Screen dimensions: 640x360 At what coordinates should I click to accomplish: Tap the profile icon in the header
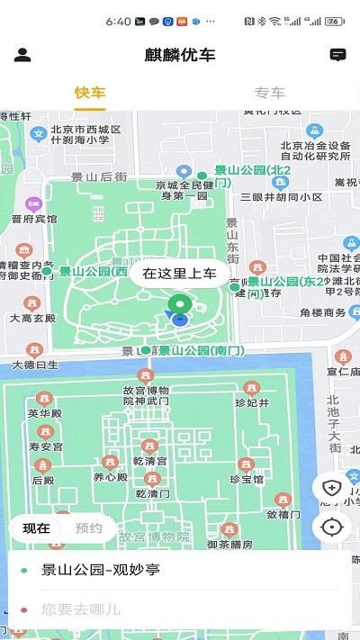(x=22, y=55)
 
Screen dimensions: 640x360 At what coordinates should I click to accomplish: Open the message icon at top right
(x=338, y=55)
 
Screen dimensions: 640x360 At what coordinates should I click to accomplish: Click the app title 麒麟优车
(x=180, y=55)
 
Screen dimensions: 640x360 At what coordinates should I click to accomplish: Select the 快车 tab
(x=90, y=93)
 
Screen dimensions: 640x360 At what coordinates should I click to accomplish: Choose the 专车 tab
(x=270, y=93)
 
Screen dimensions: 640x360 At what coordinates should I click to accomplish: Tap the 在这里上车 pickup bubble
(x=180, y=273)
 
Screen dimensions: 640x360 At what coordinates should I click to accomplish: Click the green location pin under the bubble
(x=180, y=306)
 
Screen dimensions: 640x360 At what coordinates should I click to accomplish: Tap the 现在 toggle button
(x=37, y=528)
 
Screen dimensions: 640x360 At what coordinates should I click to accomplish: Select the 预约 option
(x=88, y=528)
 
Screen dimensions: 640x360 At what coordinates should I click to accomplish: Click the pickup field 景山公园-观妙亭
(x=101, y=570)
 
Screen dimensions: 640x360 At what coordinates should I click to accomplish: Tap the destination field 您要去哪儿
(x=81, y=609)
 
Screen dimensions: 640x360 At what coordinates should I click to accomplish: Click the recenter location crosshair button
(x=331, y=527)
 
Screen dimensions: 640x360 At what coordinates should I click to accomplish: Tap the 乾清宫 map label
(x=149, y=461)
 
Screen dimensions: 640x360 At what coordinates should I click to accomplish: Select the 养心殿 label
(x=109, y=477)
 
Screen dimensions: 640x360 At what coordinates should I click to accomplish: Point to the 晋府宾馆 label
(x=34, y=219)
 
